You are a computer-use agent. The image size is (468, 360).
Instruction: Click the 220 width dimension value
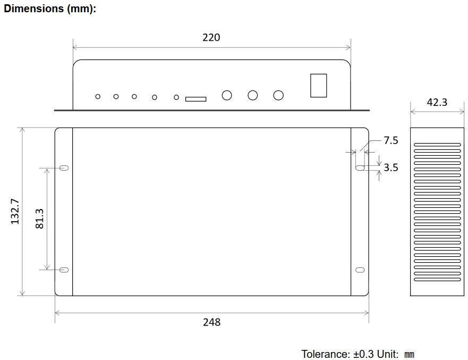point(211,37)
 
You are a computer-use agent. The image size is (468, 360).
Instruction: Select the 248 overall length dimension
point(211,322)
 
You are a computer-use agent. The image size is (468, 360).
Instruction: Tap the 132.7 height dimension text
point(15,211)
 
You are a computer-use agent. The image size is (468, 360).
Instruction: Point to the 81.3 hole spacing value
point(40,219)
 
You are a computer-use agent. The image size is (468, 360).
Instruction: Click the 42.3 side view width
point(437,103)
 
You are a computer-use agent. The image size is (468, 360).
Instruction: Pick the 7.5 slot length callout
point(391,140)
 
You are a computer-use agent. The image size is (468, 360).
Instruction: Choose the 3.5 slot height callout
point(391,168)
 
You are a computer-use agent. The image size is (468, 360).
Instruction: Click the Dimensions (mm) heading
point(50,9)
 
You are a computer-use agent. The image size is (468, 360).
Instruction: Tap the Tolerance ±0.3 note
point(358,354)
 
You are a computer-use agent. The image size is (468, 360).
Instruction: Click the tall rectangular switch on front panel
point(318,85)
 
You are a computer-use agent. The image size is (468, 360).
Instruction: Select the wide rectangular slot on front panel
point(195,99)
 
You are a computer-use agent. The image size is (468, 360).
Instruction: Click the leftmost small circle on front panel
point(98,96)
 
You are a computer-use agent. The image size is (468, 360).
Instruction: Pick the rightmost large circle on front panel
point(278,95)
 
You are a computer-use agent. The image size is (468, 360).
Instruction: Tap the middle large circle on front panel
point(253,95)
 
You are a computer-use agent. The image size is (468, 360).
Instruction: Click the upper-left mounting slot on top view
point(64,168)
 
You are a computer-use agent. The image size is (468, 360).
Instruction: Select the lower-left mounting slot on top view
point(64,270)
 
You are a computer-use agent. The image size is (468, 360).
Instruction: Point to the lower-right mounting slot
point(360,270)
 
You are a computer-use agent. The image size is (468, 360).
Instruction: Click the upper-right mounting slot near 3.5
point(360,168)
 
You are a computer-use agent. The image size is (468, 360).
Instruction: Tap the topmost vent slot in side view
point(437,145)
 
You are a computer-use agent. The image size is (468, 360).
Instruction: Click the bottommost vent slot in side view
point(437,280)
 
